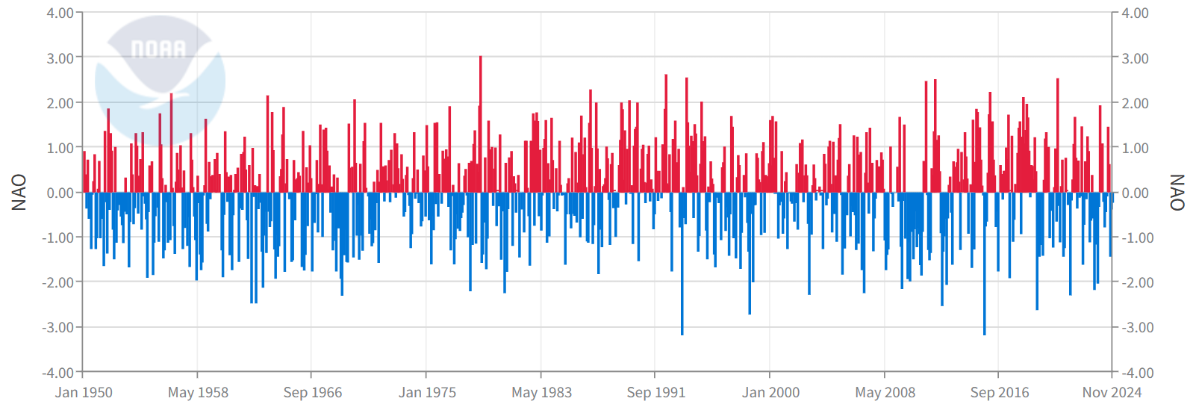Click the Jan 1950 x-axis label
84,393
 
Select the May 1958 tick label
198,393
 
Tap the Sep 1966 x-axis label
312,393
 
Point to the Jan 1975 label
427,393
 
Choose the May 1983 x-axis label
541,393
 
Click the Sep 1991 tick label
655,393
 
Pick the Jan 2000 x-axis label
770,393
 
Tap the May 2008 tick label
885,393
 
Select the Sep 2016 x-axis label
999,393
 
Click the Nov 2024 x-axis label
1112,393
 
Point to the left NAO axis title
19,193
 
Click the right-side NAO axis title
1177,193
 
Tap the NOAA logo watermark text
158,49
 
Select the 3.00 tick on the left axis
60,58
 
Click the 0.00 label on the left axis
60,193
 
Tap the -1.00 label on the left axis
58,237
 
